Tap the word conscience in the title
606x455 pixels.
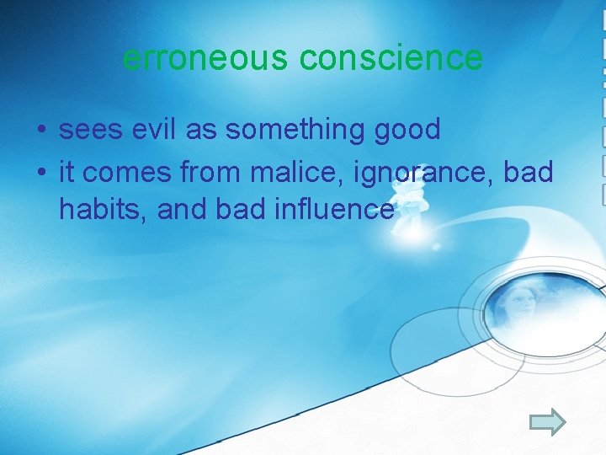(391, 58)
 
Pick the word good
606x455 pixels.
(408, 130)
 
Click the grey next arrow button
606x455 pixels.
(549, 421)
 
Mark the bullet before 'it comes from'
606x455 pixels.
(40, 172)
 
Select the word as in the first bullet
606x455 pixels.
(201, 130)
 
